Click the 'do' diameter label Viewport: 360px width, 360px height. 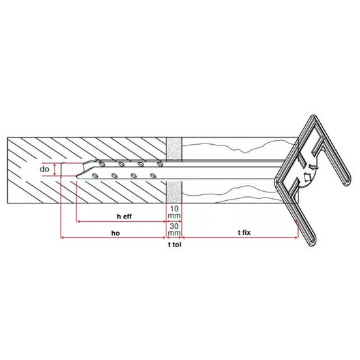click(x=44, y=169)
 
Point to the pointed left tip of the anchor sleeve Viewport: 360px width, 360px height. click(x=77, y=172)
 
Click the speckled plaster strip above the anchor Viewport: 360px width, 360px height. click(x=174, y=148)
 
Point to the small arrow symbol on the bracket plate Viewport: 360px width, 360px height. click(x=305, y=177)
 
